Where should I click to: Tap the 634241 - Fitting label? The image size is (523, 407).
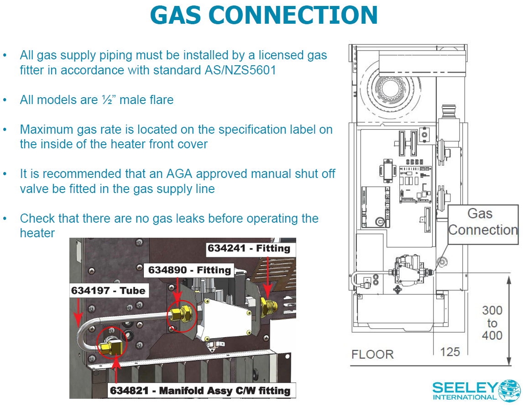tap(249, 249)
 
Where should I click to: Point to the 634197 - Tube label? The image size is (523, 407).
tap(108, 291)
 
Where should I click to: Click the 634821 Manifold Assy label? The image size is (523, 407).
tap(200, 391)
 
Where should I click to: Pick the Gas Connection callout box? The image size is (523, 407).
tap(482, 222)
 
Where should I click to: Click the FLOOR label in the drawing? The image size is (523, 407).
tap(372, 354)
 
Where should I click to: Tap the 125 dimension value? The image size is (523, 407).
tap(450, 352)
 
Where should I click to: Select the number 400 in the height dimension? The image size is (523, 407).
tap(492, 335)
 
